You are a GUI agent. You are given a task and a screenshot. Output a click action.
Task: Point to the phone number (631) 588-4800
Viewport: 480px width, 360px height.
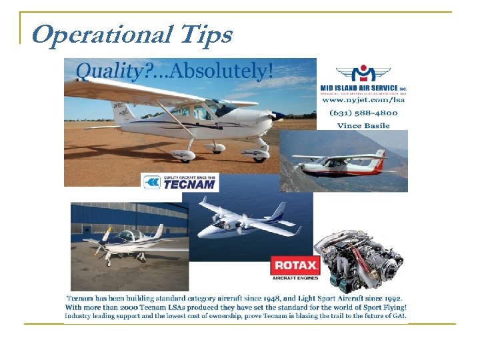(363, 113)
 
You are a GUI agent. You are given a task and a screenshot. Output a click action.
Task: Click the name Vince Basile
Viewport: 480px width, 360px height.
(363, 125)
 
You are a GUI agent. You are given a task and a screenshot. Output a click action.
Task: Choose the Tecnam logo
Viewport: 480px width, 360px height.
(180, 183)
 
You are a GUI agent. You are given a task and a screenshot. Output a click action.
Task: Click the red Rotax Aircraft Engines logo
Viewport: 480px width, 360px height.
(295, 267)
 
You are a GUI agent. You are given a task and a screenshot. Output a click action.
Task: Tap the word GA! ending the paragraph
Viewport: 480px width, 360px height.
(398, 315)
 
